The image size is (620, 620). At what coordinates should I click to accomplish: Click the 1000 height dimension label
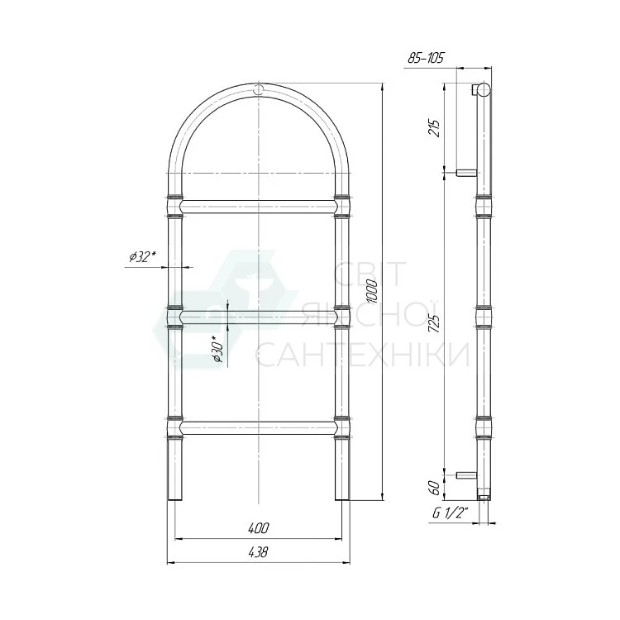click(x=373, y=292)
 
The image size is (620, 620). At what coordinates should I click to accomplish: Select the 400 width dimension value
click(x=259, y=527)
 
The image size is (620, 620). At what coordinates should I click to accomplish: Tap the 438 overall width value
click(x=258, y=551)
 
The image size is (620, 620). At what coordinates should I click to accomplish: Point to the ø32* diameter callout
click(x=141, y=257)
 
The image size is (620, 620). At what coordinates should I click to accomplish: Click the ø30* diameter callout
click(x=218, y=349)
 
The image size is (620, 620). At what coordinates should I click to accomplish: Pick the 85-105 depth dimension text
click(x=426, y=58)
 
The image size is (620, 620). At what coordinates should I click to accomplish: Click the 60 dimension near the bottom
click(x=434, y=488)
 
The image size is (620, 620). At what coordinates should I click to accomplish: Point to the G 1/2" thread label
click(x=450, y=513)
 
